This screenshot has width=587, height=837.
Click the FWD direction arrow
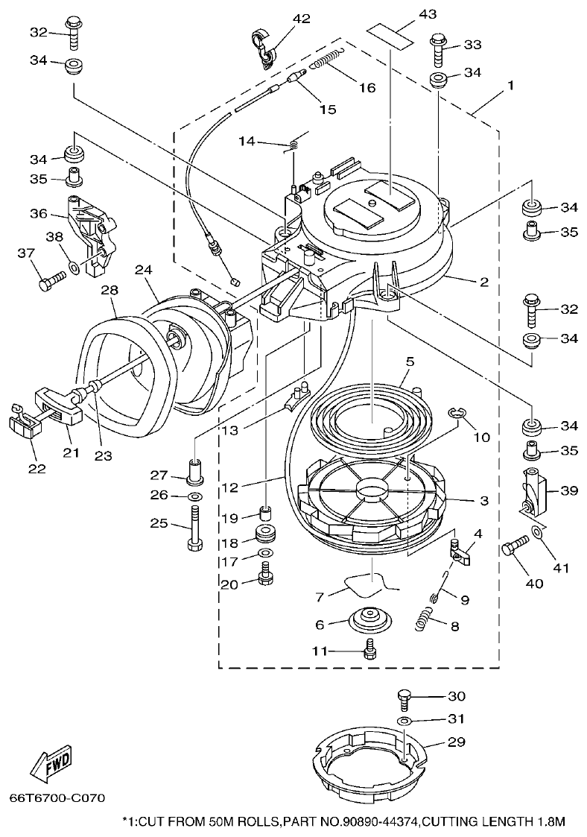(x=51, y=765)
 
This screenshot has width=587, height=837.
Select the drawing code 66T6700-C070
(x=57, y=798)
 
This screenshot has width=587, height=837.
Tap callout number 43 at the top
(x=407, y=13)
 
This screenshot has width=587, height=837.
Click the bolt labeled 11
(x=369, y=650)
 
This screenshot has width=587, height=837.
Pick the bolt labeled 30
(x=403, y=698)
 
